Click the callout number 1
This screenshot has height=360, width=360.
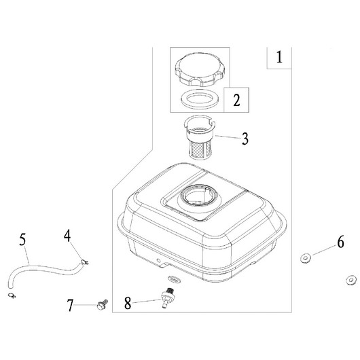[279, 57]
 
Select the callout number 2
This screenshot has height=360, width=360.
[236, 100]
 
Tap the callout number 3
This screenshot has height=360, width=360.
[245, 139]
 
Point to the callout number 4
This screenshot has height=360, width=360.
[67, 236]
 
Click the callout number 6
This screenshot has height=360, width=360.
[341, 242]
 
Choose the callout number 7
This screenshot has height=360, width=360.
[70, 306]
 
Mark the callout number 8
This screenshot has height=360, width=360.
[128, 303]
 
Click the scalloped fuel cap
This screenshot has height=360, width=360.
[198, 69]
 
